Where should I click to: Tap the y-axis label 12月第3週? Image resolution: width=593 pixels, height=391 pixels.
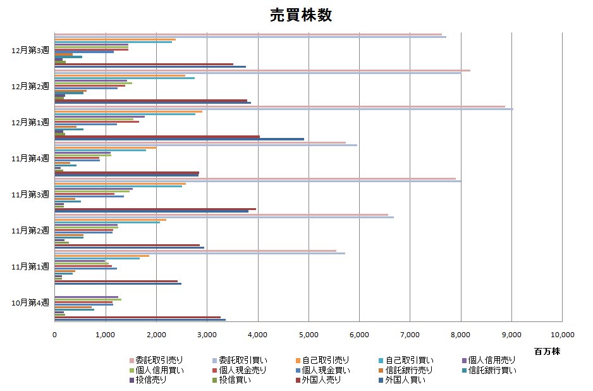30,49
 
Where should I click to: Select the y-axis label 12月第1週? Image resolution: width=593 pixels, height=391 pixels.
30,122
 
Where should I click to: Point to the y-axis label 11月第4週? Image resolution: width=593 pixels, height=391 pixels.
30,158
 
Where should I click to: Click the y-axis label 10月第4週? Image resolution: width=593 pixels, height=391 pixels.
30,303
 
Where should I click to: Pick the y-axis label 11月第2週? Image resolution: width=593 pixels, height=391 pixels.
30,231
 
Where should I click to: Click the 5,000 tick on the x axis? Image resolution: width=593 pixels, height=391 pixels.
309,335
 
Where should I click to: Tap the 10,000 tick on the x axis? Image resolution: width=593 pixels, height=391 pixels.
562,335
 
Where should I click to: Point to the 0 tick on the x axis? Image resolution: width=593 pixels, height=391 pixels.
55,335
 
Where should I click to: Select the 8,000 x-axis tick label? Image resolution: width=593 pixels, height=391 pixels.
461,335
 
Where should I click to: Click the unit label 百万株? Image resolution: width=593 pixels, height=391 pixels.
546,350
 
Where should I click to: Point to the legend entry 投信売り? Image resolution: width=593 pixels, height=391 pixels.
151,380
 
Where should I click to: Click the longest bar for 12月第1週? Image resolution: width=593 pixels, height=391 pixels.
284,109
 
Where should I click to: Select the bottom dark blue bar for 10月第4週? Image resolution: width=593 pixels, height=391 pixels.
140,320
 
